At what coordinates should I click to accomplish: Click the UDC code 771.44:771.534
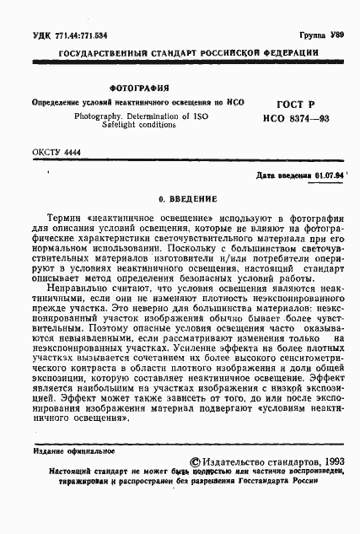(75, 37)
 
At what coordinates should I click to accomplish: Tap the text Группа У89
(325, 37)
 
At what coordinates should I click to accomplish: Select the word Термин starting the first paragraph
(70, 218)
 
